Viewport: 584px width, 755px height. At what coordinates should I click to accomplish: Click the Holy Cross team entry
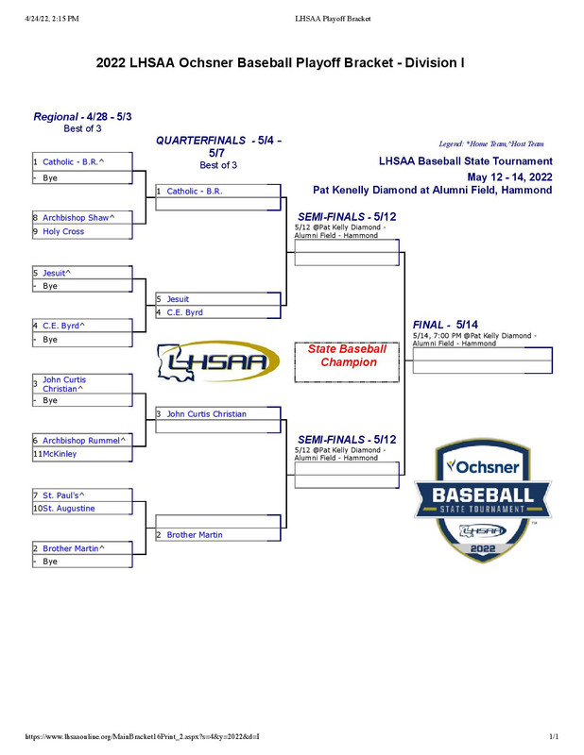pos(63,231)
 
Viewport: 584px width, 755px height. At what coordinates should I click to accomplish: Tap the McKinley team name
pos(60,454)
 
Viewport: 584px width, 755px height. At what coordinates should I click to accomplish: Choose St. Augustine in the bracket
pos(69,509)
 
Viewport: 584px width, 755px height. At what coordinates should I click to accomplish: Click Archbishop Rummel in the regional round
pos(83,440)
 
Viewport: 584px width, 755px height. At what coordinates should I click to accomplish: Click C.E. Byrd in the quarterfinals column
pos(185,312)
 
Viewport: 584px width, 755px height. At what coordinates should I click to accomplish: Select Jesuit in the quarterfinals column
pos(178,299)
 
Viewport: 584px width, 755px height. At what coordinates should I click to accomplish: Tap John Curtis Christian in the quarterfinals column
pos(206,414)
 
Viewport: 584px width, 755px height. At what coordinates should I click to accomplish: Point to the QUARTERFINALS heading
pos(218,146)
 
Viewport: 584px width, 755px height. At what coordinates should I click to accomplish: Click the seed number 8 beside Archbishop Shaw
pos(35,218)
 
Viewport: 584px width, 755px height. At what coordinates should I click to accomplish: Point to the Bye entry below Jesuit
pos(50,286)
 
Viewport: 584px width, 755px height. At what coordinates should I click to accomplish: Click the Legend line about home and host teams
pos(491,143)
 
